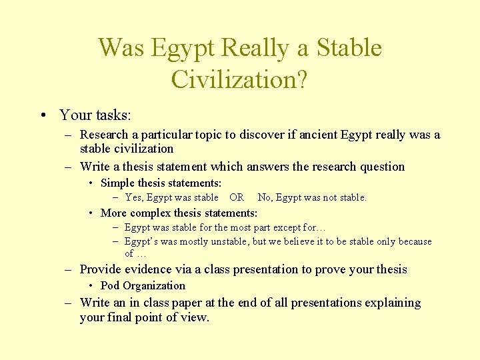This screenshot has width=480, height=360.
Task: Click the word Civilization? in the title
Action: [239, 79]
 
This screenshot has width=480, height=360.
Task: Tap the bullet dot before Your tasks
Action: [43, 115]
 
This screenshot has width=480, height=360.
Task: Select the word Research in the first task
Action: [106, 135]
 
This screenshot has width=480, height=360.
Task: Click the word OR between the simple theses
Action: [237, 197]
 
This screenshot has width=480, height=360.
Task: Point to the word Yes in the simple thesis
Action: [134, 197]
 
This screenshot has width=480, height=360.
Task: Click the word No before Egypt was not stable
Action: [265, 197]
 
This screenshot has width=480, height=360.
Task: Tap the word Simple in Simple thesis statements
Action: [117, 183]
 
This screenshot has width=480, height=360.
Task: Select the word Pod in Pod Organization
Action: [110, 285]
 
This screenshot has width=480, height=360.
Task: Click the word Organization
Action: [154, 285]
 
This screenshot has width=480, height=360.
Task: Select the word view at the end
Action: [195, 318]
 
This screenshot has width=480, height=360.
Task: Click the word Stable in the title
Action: [349, 49]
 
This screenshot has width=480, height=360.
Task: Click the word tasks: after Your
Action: [112, 115]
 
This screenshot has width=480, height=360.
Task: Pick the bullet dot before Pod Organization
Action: [92, 285]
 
